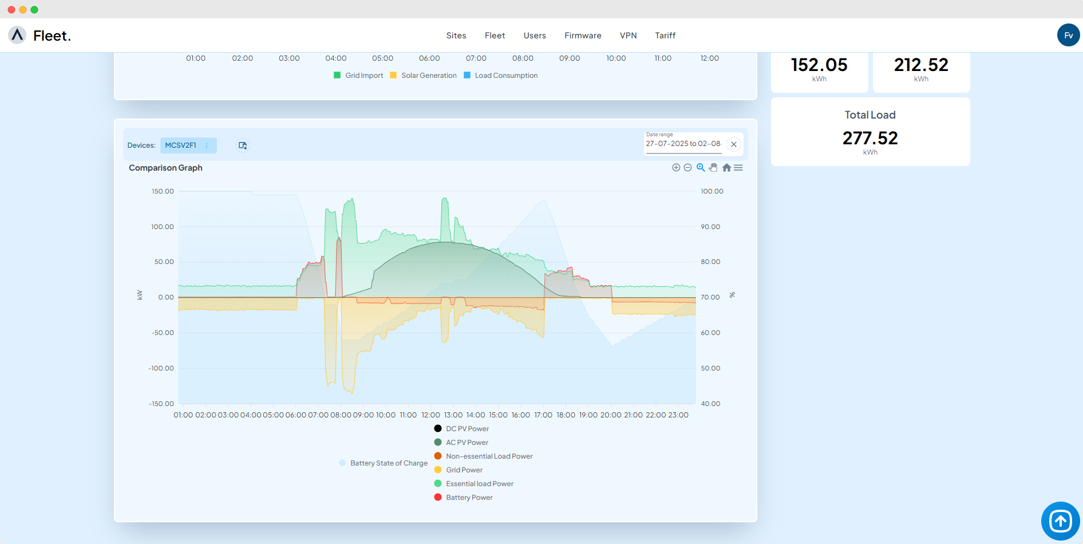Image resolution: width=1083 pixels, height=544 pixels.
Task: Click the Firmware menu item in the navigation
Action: pyautogui.click(x=583, y=36)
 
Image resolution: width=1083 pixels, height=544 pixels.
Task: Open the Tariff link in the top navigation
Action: pyautogui.click(x=665, y=36)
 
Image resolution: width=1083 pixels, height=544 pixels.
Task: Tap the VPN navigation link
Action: pyautogui.click(x=628, y=36)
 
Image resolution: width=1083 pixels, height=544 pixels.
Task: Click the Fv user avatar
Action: pyautogui.click(x=1068, y=36)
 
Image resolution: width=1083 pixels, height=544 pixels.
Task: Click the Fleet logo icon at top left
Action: pyautogui.click(x=18, y=36)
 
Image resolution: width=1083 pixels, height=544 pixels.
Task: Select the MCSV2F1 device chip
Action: pyautogui.click(x=181, y=145)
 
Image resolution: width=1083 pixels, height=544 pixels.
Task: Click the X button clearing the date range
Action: pyautogui.click(x=733, y=144)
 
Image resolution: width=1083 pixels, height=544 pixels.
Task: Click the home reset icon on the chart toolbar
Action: pyautogui.click(x=726, y=168)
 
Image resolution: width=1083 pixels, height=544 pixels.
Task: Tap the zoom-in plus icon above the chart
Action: pyautogui.click(x=676, y=168)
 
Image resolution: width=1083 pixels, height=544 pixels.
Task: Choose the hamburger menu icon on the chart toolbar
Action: pyautogui.click(x=738, y=168)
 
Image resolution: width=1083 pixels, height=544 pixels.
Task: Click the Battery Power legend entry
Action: pyautogui.click(x=469, y=498)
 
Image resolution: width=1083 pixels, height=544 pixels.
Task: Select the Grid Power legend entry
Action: pyautogui.click(x=464, y=470)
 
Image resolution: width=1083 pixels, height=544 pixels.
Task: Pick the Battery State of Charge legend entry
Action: pyautogui.click(x=389, y=463)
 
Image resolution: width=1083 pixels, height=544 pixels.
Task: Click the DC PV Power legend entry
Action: pyautogui.click(x=467, y=429)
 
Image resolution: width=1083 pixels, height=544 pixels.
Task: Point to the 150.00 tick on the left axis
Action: pyautogui.click(x=163, y=191)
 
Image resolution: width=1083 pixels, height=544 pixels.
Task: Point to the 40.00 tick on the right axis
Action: pyautogui.click(x=710, y=404)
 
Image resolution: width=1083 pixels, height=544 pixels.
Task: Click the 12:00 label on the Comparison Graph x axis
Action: pyautogui.click(x=430, y=415)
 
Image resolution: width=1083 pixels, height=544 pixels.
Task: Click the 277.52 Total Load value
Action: pyautogui.click(x=870, y=138)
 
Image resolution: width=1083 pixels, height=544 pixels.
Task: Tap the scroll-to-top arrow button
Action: pyautogui.click(x=1060, y=521)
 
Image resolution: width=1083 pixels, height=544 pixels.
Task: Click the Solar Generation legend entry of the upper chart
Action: pyautogui.click(x=429, y=76)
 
